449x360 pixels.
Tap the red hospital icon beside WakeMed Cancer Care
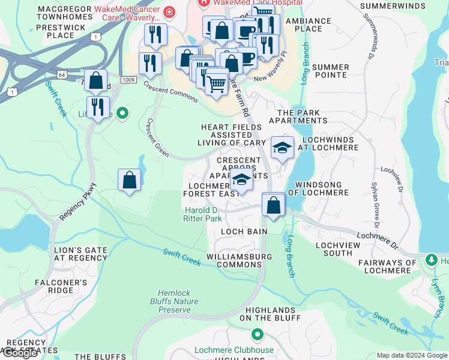(170, 11)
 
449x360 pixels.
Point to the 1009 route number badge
(128, 79)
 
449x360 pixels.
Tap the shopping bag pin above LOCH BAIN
(273, 205)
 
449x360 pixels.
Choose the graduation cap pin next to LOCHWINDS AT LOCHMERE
(282, 147)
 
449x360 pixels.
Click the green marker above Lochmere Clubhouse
(258, 334)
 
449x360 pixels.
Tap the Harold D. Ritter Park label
(203, 214)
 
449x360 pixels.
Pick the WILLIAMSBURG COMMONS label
(240, 260)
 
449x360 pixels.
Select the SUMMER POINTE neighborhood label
(330, 71)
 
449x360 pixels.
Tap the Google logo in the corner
(20, 353)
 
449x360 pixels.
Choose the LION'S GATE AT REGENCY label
(80, 253)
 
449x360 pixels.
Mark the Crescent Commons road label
(170, 92)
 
